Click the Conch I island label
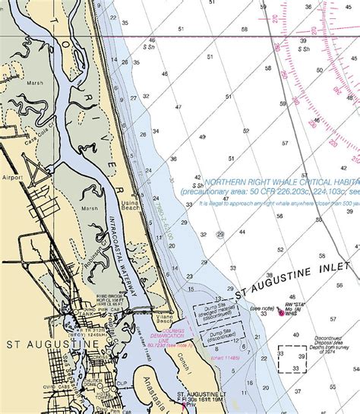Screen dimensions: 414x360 click(x=184, y=356)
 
